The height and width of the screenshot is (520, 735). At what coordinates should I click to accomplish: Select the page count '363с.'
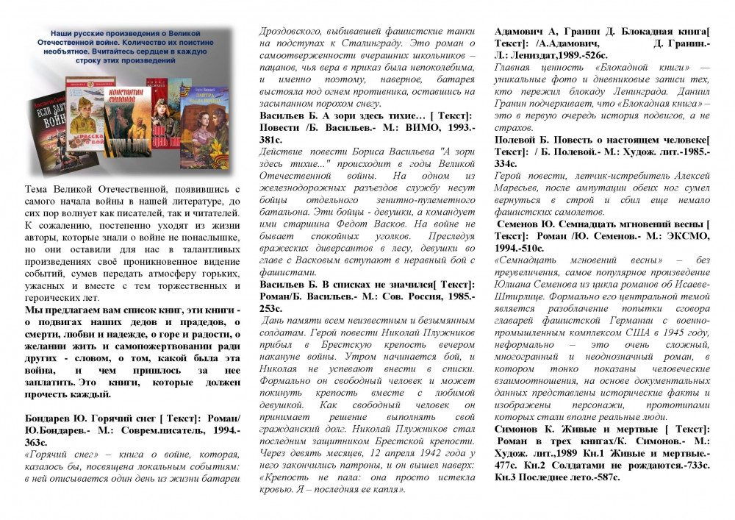click(x=36, y=443)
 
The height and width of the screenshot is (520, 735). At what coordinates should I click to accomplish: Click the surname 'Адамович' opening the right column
click(x=522, y=31)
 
